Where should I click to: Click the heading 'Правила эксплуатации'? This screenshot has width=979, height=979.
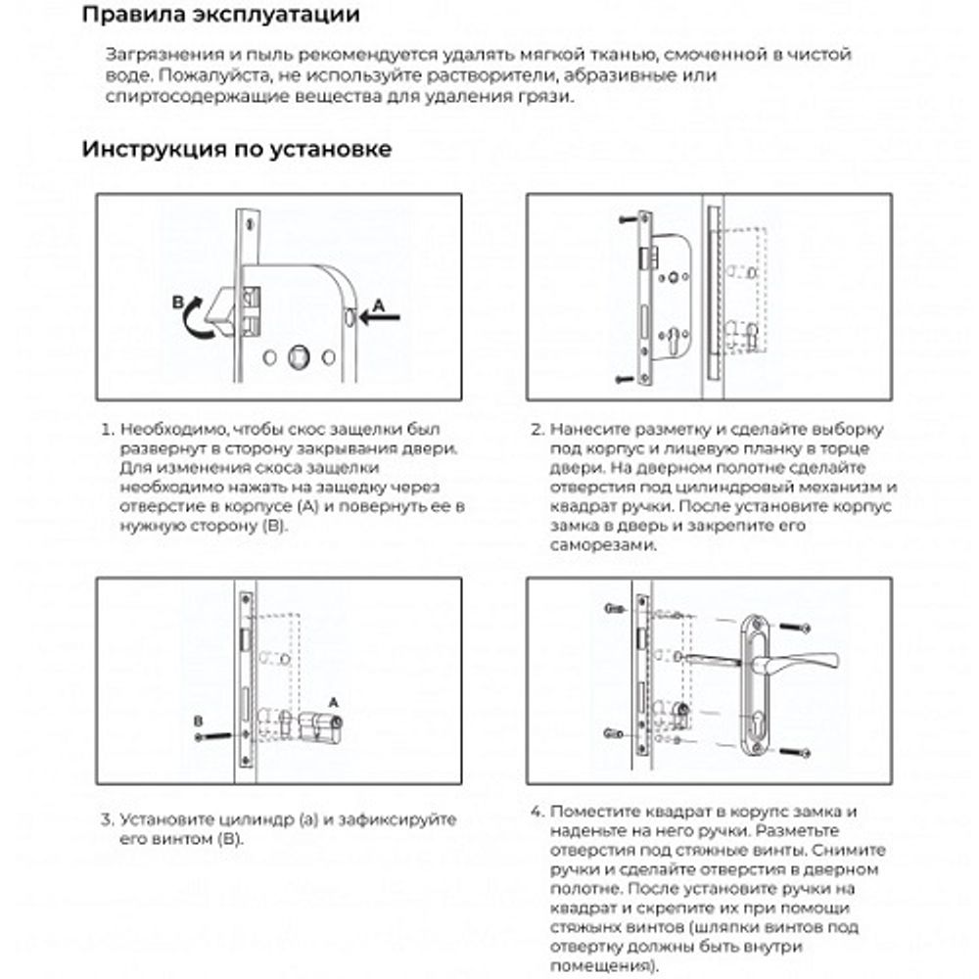coord(220,16)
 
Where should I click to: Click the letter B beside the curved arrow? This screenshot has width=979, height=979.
coord(177,304)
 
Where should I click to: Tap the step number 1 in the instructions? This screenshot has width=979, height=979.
coord(107,430)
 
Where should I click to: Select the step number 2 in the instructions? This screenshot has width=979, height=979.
coord(536,430)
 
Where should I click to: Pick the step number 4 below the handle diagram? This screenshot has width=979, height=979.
coord(536,812)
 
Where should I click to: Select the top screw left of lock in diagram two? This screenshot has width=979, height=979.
coord(627,222)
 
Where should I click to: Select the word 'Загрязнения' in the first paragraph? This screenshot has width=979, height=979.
coord(154,55)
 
